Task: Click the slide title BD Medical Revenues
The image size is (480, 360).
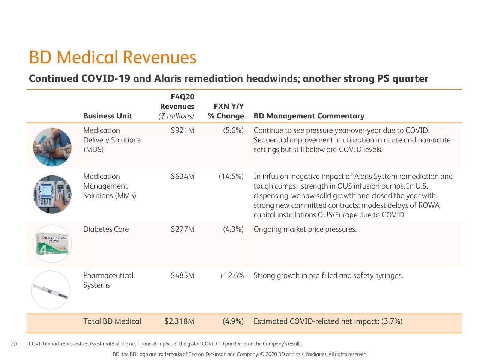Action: tap(112, 58)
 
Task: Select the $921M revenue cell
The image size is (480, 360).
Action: tap(182, 130)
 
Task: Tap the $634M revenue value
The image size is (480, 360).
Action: tap(182, 177)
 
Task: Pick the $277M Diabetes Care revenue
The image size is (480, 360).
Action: tap(182, 229)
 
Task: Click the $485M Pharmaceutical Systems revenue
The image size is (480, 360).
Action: tap(182, 276)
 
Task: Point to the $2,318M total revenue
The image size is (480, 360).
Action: tap(179, 321)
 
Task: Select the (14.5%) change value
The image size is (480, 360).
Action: tap(231, 177)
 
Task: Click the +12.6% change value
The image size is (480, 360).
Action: tap(231, 276)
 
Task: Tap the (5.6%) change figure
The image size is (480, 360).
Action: tap(233, 130)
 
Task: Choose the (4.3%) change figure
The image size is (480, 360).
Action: tap(233, 229)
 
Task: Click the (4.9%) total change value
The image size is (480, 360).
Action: tap(233, 321)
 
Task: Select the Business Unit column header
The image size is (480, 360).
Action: tap(108, 116)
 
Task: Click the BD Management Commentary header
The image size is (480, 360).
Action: tap(309, 116)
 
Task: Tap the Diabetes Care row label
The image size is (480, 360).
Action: tap(106, 229)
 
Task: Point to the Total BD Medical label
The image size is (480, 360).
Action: tap(112, 321)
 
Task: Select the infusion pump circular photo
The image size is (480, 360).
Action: tap(52, 194)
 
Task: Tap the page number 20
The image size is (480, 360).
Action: tap(13, 344)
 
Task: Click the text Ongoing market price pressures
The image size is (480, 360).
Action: tap(305, 229)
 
